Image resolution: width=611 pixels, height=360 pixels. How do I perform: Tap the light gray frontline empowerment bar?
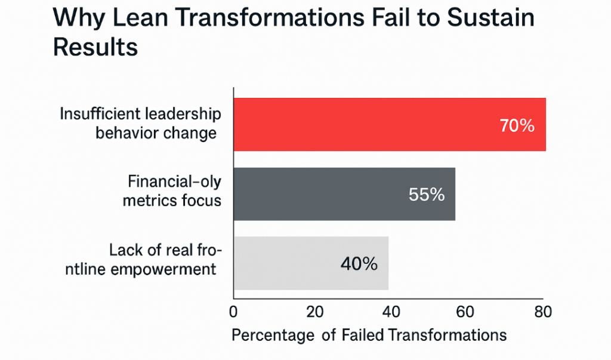(x=286, y=263)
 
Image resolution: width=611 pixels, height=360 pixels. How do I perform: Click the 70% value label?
(x=516, y=126)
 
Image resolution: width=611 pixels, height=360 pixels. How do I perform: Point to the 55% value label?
(x=427, y=195)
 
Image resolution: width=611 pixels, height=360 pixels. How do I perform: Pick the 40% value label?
(x=359, y=263)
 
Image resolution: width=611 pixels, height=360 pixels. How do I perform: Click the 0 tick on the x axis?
(x=233, y=312)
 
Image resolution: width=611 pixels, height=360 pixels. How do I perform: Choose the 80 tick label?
(x=542, y=312)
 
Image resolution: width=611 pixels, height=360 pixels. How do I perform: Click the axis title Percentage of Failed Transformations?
(x=369, y=334)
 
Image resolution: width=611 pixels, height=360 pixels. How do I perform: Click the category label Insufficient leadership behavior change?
(x=140, y=123)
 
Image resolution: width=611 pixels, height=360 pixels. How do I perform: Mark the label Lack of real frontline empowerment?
(x=162, y=260)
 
